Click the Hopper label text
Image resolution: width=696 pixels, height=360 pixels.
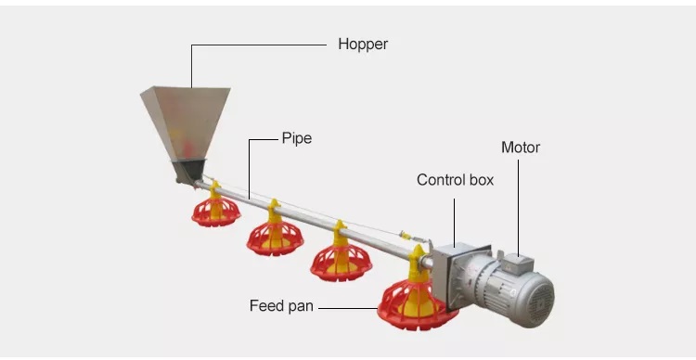pos(363,44)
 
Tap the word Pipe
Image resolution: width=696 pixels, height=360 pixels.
pos(297,138)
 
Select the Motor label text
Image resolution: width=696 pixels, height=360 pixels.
pos(520,148)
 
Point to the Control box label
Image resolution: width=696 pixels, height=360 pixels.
pos(455,180)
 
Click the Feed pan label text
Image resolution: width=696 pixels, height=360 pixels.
pos(281,305)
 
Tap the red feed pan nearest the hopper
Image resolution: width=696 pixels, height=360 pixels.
pos(216,212)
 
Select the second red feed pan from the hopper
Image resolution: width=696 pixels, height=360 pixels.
pos(275,236)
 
